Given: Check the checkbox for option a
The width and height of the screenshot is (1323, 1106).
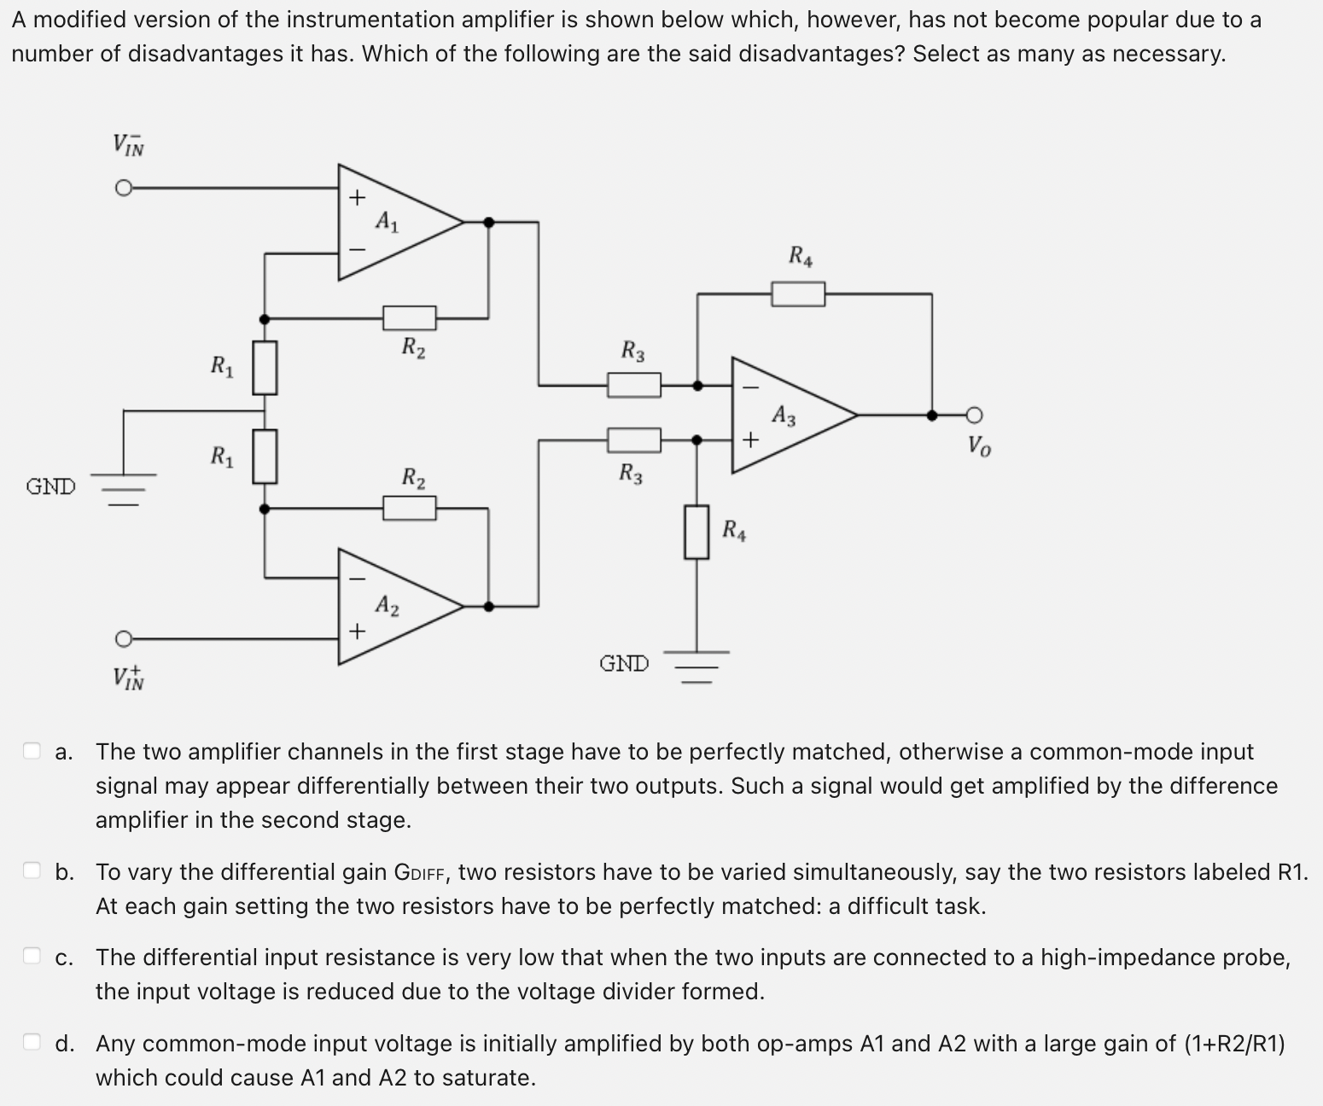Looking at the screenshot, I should click(32, 751).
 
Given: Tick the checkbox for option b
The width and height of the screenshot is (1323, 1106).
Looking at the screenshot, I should click(32, 871).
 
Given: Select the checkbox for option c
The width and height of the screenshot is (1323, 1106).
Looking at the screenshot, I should click(32, 957).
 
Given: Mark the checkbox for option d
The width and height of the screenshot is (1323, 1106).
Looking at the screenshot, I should click(32, 1043).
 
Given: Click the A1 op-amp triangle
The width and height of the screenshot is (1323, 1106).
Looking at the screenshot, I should click(393, 223).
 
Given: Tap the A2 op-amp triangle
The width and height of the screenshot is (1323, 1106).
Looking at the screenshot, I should click(393, 607).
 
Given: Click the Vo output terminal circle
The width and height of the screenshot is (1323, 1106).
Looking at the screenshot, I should click(976, 416).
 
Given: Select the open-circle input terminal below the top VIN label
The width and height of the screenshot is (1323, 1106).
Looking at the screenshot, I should click(124, 188).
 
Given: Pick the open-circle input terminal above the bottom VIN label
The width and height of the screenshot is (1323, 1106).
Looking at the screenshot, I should click(124, 638).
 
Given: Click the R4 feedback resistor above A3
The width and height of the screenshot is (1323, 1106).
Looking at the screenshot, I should click(798, 294).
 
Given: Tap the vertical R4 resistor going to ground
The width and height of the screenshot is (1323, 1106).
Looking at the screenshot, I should click(696, 532).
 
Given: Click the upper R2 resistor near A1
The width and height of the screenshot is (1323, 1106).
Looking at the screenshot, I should click(410, 318).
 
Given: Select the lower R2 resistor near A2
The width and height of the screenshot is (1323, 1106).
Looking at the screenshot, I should click(410, 509).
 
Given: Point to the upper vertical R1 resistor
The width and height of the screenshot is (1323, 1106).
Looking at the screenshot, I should click(265, 368).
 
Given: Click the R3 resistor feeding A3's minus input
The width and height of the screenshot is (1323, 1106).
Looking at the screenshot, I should click(633, 386).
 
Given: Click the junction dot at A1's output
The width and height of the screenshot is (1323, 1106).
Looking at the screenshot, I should click(488, 223).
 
